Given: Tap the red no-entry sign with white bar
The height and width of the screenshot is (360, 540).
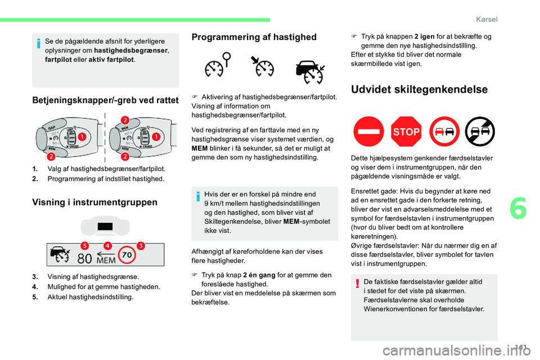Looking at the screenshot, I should (368, 132).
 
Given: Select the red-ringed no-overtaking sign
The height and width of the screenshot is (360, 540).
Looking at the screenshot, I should (443, 132).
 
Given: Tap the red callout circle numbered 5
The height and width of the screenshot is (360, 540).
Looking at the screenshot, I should (85, 245).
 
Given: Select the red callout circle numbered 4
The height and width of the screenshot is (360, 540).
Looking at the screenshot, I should (107, 245).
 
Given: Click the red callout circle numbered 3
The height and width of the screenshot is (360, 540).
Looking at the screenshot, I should (141, 245).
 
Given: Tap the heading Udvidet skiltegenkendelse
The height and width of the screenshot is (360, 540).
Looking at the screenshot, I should (411, 89).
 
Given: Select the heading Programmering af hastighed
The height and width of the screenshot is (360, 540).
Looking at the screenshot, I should (254, 37).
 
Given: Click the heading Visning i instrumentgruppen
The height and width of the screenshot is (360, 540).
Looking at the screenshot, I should (94, 202).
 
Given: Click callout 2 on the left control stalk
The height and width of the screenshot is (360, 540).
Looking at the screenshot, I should (51, 156).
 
